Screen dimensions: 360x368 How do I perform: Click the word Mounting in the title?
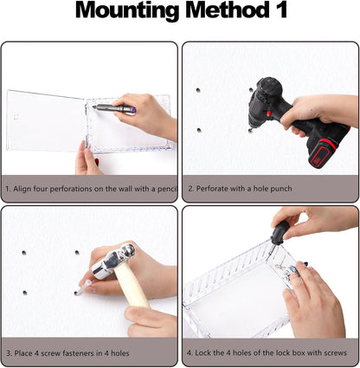click(x=128, y=10)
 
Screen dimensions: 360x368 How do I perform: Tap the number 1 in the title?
click(x=281, y=10)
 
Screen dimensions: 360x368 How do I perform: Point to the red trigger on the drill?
click(x=269, y=113)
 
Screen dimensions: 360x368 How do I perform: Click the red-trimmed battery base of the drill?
click(x=323, y=154)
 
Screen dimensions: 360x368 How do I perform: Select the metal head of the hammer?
click(x=115, y=261)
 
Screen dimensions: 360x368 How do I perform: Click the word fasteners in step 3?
click(x=86, y=353)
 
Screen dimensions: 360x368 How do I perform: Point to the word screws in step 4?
click(x=335, y=352)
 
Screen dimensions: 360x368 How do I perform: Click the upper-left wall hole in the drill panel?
click(x=198, y=90)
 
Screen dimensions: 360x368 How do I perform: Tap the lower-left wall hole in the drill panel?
click(x=199, y=130)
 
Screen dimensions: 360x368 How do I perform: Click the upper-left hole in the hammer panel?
click(x=24, y=253)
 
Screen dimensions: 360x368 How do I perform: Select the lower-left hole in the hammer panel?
click(x=25, y=293)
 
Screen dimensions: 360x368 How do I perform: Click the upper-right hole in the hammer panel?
click(x=77, y=253)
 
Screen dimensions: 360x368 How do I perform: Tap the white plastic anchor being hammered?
click(x=84, y=288)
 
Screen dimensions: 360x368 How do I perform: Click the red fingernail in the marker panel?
click(x=97, y=162)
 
